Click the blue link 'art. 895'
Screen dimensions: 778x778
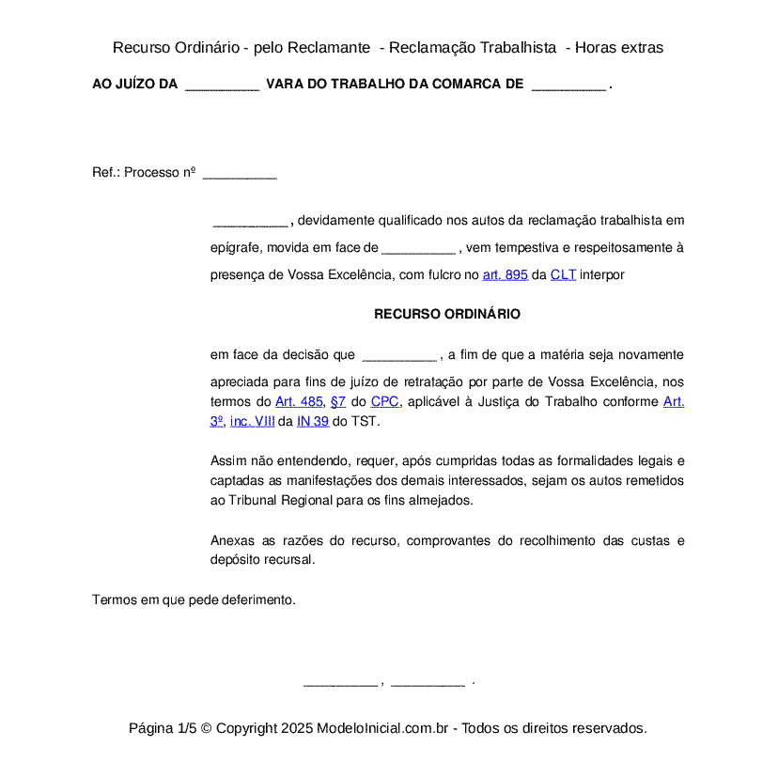[505, 275]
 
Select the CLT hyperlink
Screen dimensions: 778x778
[563, 275]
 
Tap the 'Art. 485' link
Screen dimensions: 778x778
[298, 401]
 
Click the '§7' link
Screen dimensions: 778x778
[338, 401]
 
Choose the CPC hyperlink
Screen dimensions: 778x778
[384, 401]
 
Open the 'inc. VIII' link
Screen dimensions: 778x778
[252, 421]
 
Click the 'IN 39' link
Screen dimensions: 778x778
[313, 421]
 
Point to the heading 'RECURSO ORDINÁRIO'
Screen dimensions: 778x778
[447, 314]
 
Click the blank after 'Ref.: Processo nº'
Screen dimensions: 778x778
[240, 174]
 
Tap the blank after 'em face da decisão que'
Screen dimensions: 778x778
[398, 356]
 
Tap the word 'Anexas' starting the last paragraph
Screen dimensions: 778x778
[232, 540]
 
